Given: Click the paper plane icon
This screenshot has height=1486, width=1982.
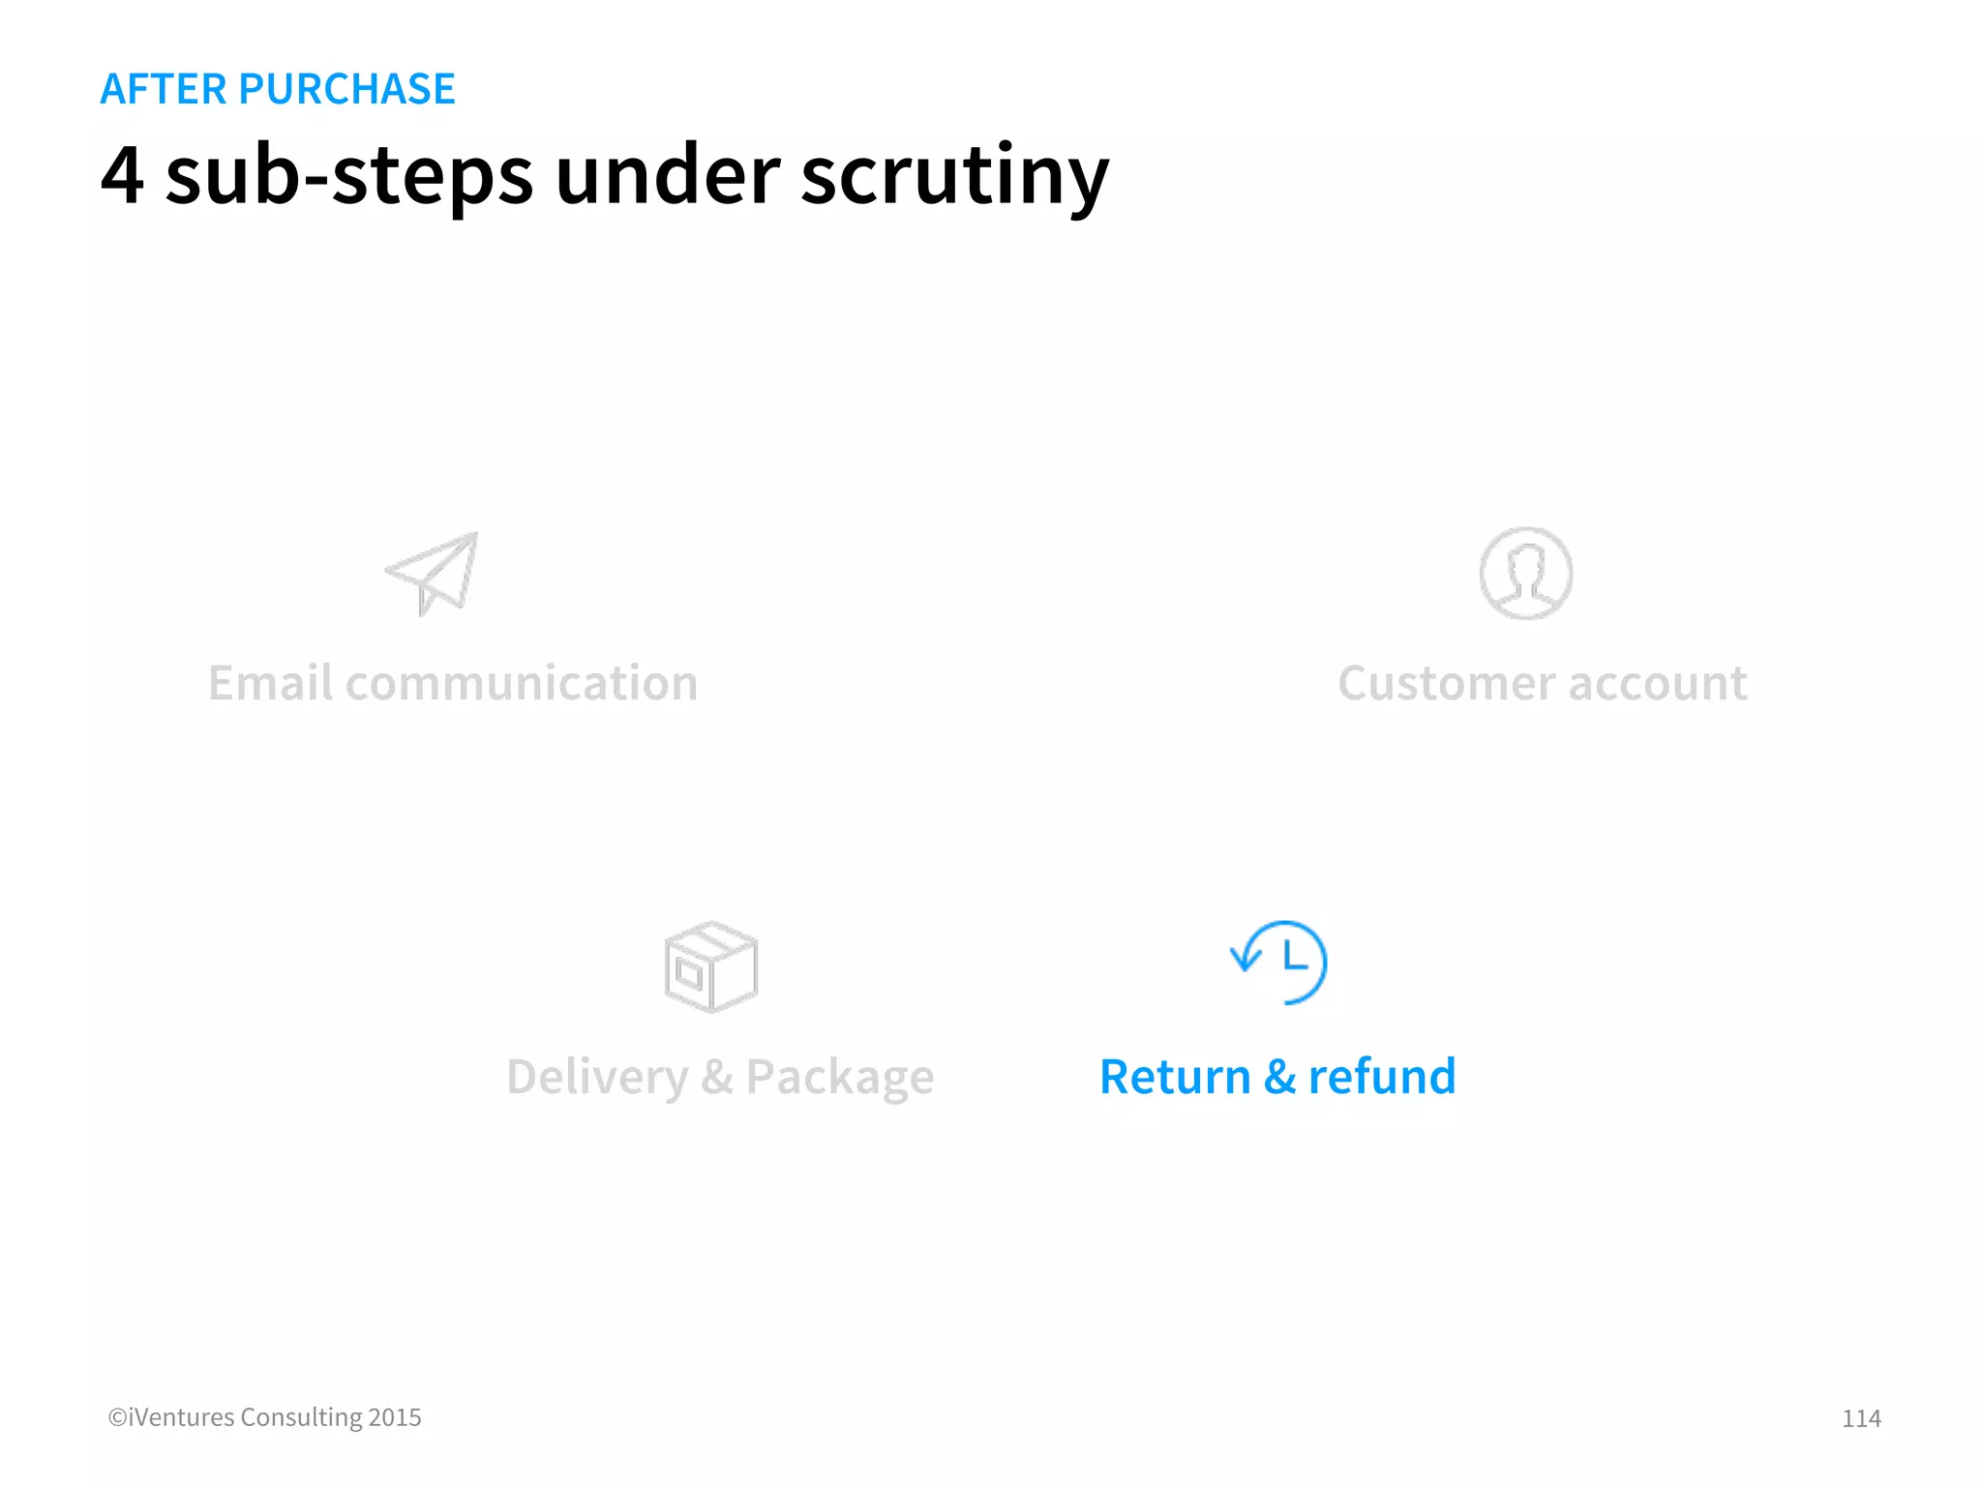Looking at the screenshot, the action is click(x=433, y=573).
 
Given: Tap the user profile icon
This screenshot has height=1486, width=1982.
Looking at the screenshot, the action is click(x=1525, y=573).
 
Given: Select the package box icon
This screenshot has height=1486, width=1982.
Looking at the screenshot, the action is click(x=711, y=966).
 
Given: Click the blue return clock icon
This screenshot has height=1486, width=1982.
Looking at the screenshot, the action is click(x=1279, y=963).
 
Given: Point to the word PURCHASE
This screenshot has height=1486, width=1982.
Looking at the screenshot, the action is click(x=346, y=89).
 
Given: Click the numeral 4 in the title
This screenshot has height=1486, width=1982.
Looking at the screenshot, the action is click(x=123, y=175).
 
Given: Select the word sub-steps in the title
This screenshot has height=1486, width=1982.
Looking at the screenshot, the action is click(x=349, y=175).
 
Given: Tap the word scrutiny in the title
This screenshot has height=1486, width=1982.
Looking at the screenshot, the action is click(x=954, y=175).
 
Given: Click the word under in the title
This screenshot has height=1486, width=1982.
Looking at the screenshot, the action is click(x=668, y=175).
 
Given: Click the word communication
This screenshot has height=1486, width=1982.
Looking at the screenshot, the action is click(x=522, y=683).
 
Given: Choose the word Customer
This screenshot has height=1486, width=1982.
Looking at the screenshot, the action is click(x=1446, y=683).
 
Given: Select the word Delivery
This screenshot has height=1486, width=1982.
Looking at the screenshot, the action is click(x=597, y=1077).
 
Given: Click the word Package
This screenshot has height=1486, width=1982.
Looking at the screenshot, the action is click(x=839, y=1077).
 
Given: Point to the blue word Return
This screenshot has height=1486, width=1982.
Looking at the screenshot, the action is click(x=1175, y=1077).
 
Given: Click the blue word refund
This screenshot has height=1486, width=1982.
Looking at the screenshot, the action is click(x=1382, y=1077).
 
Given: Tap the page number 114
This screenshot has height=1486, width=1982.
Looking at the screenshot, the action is click(x=1860, y=1418).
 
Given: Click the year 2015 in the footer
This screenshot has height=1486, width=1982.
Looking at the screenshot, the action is click(x=395, y=1417).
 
